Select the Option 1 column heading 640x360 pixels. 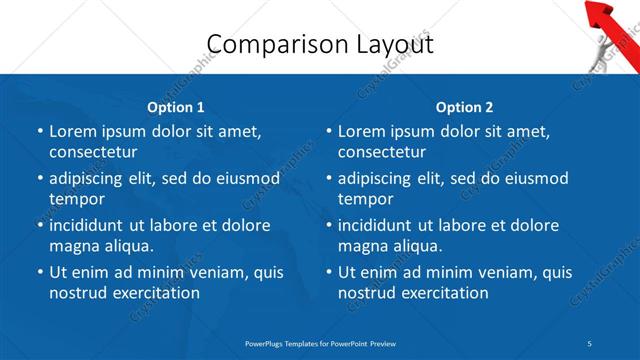pos(176,107)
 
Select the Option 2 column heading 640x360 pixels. pos(465,107)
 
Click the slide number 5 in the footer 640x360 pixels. pos(590,342)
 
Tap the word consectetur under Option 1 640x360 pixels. pos(93,152)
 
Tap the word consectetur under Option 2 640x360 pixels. pos(382,152)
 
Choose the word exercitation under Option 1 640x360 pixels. pos(152,293)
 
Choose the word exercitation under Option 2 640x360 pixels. pos(441,293)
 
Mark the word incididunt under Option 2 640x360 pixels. pos(382,225)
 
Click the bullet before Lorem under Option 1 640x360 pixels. pos(40,131)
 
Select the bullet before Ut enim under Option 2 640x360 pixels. pos(329,272)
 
